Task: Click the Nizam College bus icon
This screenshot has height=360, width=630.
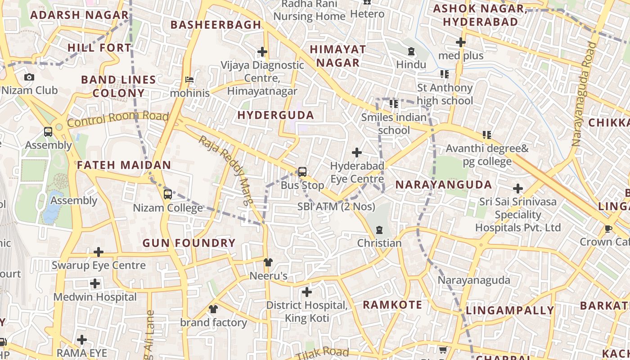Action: tap(167, 194)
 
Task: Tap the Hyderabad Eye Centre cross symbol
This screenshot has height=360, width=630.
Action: tap(357, 153)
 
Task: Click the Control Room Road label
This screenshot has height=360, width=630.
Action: tap(118, 119)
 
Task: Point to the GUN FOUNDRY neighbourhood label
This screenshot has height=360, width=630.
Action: tap(189, 243)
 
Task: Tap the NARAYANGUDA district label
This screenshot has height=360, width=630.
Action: tap(444, 185)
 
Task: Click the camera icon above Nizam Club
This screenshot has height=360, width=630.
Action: tap(29, 77)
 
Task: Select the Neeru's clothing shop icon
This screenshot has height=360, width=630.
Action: tap(268, 262)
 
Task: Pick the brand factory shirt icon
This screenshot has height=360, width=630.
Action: tap(213, 309)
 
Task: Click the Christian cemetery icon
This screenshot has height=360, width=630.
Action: tap(379, 230)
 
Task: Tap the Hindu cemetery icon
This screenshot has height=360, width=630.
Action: tap(411, 52)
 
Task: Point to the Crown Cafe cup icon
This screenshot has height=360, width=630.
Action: tap(609, 229)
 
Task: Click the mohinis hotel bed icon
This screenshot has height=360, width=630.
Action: tap(189, 80)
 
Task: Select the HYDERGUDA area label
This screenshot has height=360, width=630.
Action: tap(275, 116)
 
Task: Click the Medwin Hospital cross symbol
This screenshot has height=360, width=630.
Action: tap(95, 283)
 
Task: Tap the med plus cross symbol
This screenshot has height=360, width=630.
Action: tap(460, 42)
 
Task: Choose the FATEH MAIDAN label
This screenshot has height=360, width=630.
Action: tap(124, 165)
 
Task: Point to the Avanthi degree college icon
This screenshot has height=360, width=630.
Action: tap(486, 135)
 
